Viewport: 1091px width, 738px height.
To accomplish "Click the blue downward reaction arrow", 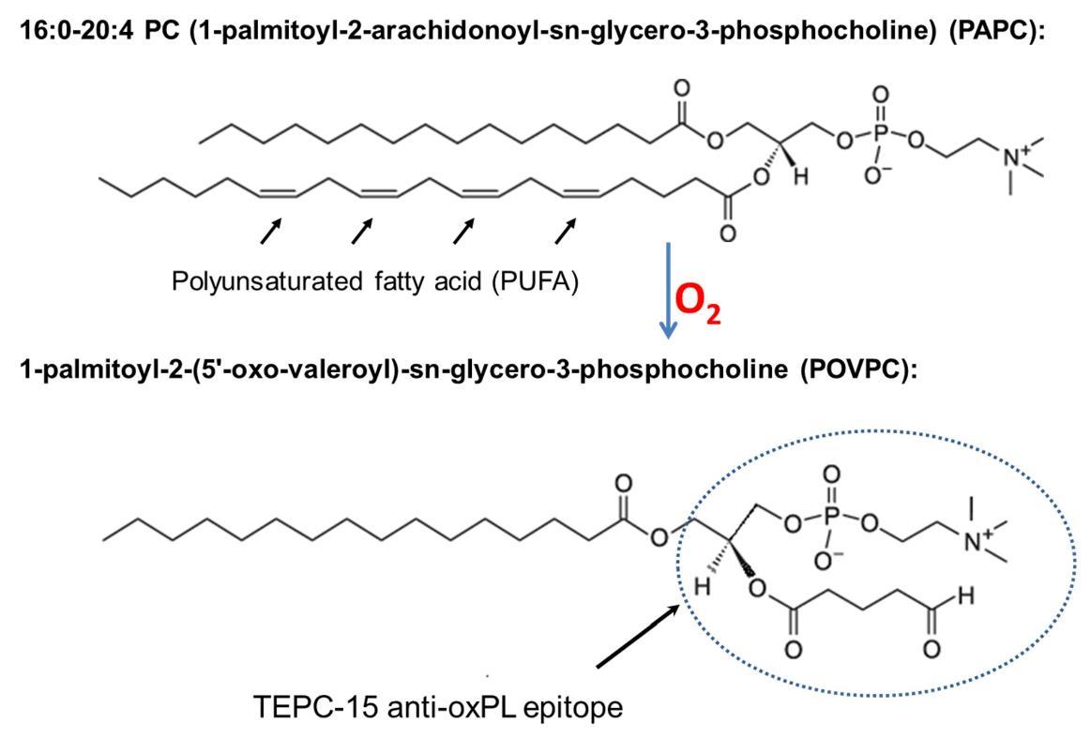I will coord(667,291).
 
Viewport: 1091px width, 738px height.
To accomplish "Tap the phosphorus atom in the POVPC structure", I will coord(827,522).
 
